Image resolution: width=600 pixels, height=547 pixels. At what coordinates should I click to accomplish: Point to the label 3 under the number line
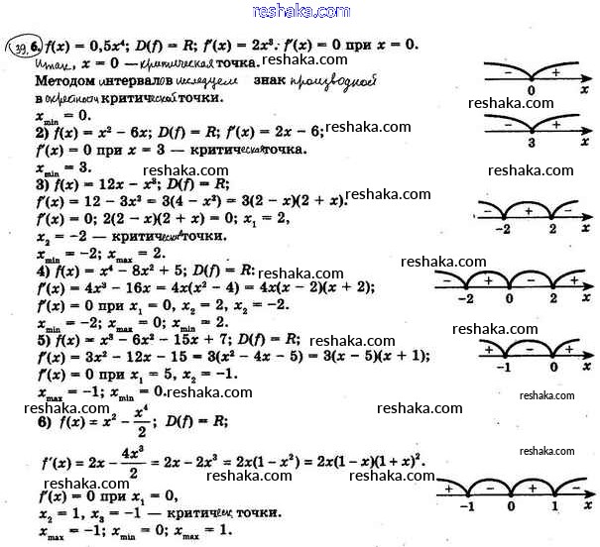532,142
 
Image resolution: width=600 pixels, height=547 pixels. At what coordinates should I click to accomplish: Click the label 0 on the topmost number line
532,89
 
